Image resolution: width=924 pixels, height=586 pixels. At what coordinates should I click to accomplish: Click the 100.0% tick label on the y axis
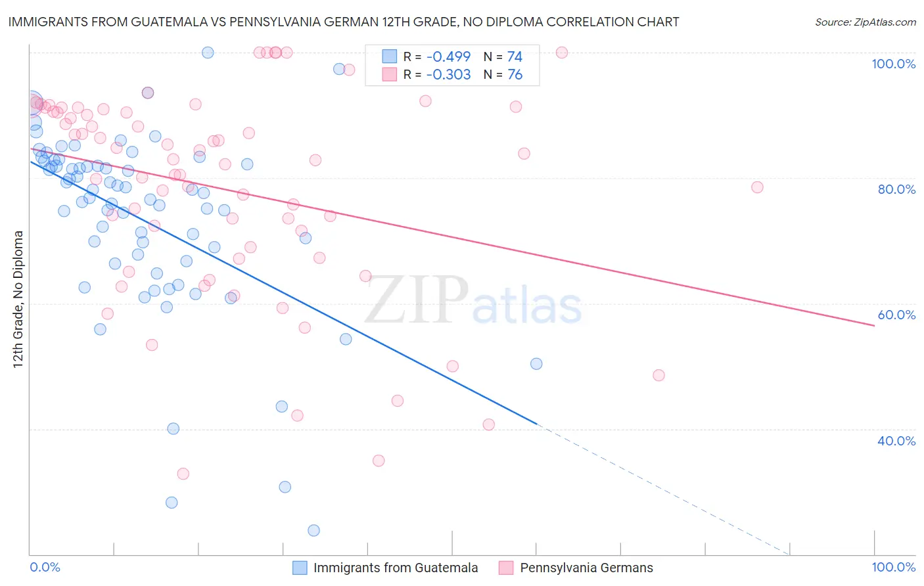coord(893,64)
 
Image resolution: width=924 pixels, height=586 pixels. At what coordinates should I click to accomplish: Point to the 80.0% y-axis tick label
coord(896,189)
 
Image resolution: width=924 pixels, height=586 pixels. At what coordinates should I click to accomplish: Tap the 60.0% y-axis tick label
coord(896,315)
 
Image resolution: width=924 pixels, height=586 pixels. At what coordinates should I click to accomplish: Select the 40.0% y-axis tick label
coord(896,440)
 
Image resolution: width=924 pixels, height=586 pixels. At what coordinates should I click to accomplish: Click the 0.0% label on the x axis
coord(45,567)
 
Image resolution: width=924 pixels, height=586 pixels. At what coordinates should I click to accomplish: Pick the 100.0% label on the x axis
coord(893,567)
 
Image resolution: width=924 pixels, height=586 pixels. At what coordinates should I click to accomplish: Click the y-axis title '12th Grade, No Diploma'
coord(18,299)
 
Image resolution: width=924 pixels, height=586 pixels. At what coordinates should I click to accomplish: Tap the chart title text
coord(343,22)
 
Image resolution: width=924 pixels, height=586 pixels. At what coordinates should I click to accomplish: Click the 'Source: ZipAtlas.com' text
coord(865,22)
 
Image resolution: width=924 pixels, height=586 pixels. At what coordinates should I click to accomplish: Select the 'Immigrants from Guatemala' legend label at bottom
coord(396,568)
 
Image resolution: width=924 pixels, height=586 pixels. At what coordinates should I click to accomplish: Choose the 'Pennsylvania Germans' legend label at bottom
coord(586,568)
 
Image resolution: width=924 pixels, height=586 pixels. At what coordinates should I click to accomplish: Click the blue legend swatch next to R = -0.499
coord(390,56)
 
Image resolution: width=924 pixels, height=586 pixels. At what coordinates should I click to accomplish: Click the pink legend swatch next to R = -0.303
coord(390,74)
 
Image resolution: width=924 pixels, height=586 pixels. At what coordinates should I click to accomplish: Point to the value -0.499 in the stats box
coord(448,56)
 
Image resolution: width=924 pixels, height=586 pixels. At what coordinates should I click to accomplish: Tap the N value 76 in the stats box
coord(515,74)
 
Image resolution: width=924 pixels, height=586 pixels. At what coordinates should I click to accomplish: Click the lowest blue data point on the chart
coord(313,530)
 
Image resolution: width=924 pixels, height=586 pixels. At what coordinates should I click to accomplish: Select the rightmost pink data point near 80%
coord(757,187)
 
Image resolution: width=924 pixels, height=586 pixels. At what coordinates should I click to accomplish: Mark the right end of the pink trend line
coord(874,325)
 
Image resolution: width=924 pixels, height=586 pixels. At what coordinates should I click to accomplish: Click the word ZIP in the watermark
coord(417,300)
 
